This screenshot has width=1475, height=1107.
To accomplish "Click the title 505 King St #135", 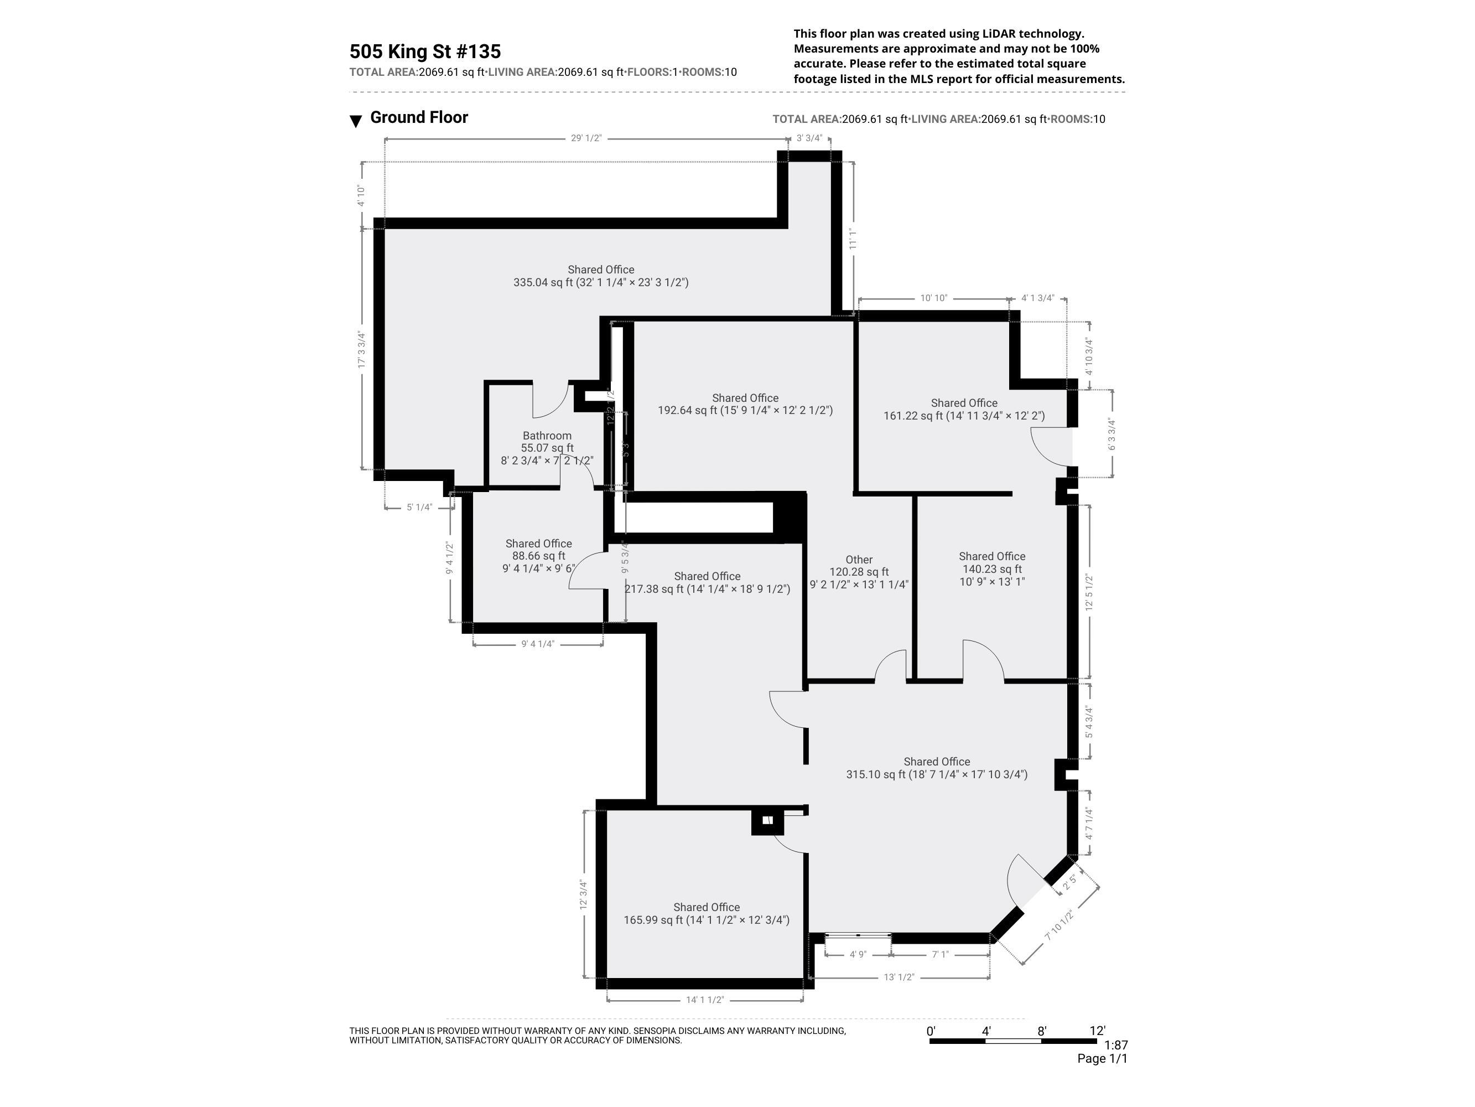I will [425, 51].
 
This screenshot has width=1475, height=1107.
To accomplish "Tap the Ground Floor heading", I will [419, 117].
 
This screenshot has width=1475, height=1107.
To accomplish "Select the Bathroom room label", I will [547, 436].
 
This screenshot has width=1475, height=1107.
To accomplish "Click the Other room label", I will [859, 560].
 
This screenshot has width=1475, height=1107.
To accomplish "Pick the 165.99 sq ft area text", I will [653, 920].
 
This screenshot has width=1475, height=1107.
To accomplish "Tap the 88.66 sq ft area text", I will [538, 556].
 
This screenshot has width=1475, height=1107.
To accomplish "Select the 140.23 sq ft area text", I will [991, 569].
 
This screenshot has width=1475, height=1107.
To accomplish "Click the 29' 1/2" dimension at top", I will [585, 138].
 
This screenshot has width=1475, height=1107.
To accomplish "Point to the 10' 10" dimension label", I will [933, 298].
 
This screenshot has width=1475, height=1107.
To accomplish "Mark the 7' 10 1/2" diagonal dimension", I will [1059, 925].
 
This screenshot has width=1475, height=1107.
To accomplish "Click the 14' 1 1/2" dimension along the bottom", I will [705, 1000].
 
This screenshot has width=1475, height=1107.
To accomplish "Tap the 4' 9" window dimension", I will [858, 955].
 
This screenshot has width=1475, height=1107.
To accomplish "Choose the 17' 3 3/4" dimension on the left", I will [361, 350].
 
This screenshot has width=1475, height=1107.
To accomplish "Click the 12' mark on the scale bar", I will [1097, 1031].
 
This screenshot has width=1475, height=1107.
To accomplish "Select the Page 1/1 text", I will [1102, 1058].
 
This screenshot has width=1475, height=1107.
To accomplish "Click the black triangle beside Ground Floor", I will [356, 121].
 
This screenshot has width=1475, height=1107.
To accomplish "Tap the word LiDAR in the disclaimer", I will [1000, 33].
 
